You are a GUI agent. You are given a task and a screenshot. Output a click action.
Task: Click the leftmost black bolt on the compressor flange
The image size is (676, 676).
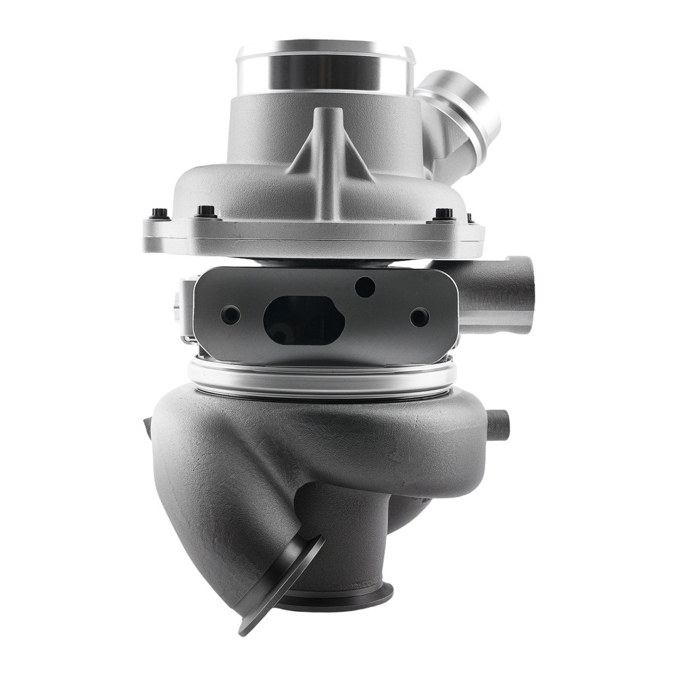coord(160,214)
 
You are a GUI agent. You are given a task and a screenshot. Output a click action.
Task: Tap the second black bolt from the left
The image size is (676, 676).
coord(206,212)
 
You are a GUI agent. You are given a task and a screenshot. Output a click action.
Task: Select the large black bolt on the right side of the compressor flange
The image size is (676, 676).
coord(443,214)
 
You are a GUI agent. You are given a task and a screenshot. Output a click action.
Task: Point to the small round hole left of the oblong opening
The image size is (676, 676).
coord(231,314)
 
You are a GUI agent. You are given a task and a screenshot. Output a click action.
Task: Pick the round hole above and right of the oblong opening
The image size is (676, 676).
coord(364,287)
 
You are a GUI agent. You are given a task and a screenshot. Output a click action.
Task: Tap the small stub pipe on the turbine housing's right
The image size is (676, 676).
coord(498,425)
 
